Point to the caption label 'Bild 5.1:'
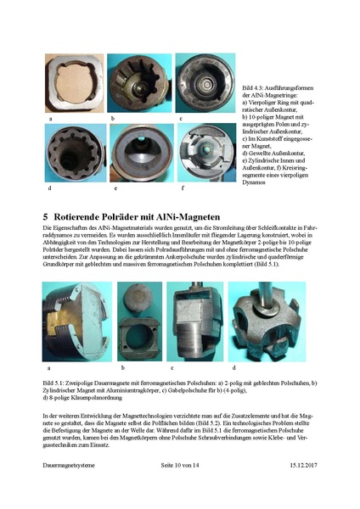(56, 383)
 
